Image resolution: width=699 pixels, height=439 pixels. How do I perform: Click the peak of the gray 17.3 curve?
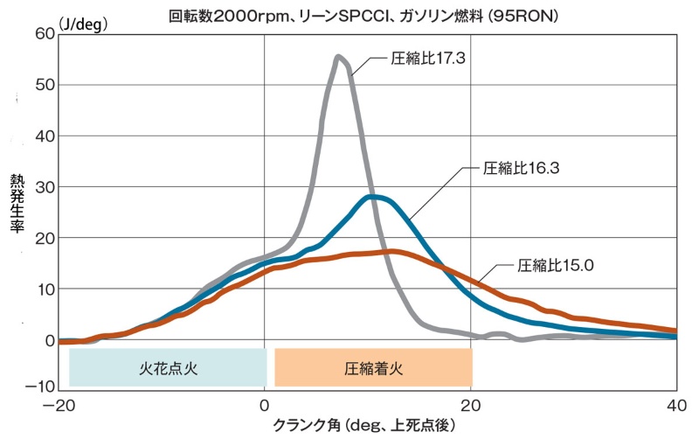pos(338,58)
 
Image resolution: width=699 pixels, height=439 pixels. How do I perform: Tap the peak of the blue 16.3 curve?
pos(374,198)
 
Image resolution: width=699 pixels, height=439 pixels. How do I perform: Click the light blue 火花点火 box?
pos(168,367)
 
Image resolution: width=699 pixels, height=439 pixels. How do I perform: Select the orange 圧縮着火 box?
pos(373,367)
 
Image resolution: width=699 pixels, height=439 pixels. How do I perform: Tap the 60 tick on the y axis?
pos(43,33)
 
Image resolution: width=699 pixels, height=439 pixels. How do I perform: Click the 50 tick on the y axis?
pos(43,85)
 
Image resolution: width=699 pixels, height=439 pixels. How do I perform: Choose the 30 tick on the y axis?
pos(43,187)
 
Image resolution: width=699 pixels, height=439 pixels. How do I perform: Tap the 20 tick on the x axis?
pos(470,406)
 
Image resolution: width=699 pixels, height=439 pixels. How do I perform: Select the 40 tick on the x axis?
pos(675,406)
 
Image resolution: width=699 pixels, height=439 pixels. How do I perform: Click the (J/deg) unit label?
pos(82,24)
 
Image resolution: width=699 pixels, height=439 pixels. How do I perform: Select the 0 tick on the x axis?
pos(264,406)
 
